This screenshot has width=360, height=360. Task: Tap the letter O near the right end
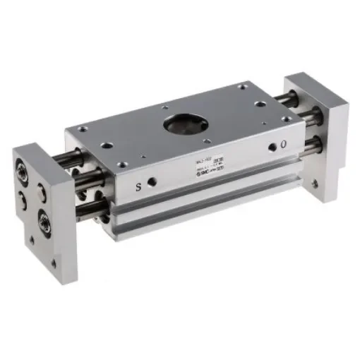click(x=284, y=145)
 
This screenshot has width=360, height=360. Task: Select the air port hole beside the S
click(x=157, y=181)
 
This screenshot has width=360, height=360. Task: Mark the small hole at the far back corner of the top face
click(x=244, y=87)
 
